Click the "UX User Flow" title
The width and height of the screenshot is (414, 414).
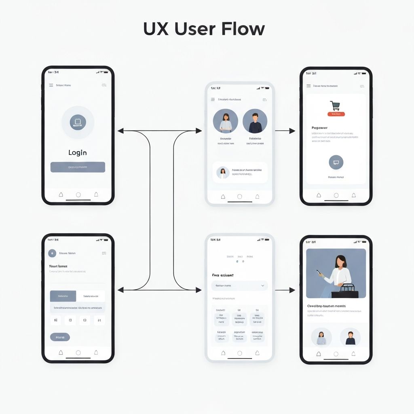[x=204, y=29]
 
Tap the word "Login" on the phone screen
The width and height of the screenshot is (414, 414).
[x=78, y=152]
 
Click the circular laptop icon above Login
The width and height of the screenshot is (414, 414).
[x=78, y=122]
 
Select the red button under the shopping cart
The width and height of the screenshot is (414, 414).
[x=336, y=114]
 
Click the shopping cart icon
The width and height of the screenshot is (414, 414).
[x=335, y=106]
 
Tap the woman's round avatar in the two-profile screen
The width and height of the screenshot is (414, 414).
[x=225, y=121]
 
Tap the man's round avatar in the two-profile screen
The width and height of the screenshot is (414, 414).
[x=255, y=121]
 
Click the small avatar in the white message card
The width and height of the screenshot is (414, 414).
[x=223, y=173]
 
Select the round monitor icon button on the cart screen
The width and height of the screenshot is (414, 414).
[x=336, y=163]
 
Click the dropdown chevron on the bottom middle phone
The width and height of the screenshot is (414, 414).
[x=263, y=286]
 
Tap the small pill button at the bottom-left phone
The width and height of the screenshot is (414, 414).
[x=60, y=337]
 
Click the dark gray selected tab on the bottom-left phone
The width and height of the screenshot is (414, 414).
[x=63, y=296]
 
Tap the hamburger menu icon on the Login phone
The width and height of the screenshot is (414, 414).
[x=51, y=85]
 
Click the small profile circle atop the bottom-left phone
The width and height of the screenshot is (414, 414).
[x=52, y=253]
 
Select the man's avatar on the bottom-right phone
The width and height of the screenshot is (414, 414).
[x=351, y=337]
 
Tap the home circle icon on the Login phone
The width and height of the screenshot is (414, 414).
[x=78, y=195]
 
